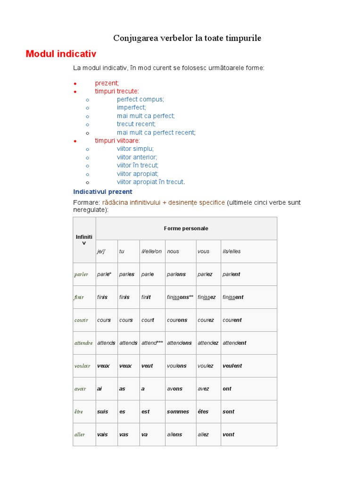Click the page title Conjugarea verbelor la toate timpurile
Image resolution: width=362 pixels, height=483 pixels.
click(187, 38)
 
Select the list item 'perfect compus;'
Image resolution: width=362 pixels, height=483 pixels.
click(140, 99)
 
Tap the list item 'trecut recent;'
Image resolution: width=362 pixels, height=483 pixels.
click(136, 124)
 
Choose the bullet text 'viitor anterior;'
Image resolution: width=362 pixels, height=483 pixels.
click(137, 157)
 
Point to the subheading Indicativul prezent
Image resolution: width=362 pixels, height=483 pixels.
click(103, 192)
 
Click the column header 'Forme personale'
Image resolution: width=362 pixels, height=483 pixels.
click(186, 228)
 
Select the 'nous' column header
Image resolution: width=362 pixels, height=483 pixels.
click(173, 251)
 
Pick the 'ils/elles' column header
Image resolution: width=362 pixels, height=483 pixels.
click(231, 251)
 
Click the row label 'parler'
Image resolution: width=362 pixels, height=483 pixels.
click(81, 275)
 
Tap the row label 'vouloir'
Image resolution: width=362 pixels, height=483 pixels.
click(82, 366)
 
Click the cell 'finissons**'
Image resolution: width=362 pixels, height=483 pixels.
click(180, 297)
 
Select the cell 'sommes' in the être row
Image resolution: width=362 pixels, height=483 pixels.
click(178, 412)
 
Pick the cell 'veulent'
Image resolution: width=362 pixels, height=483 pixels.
click(232, 366)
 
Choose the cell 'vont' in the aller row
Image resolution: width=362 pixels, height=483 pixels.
click(228, 434)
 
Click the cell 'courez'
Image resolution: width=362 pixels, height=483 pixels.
click(206, 320)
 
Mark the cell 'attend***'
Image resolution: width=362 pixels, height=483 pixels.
click(152, 343)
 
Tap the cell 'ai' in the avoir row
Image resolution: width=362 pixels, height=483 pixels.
click(99, 389)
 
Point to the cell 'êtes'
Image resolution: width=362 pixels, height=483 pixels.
click(203, 412)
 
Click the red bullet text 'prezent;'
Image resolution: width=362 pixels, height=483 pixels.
click(107, 83)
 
